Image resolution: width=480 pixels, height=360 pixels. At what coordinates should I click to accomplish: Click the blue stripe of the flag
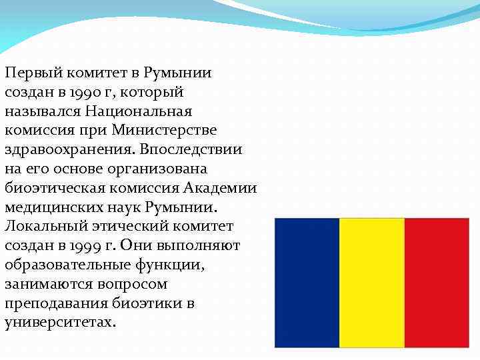tap(307, 283)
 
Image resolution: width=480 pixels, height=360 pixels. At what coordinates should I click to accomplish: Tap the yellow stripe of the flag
tap(371, 283)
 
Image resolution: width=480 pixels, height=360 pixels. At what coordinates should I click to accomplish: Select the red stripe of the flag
tap(437, 283)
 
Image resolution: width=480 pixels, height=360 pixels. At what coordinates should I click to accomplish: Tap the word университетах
tap(59, 323)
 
